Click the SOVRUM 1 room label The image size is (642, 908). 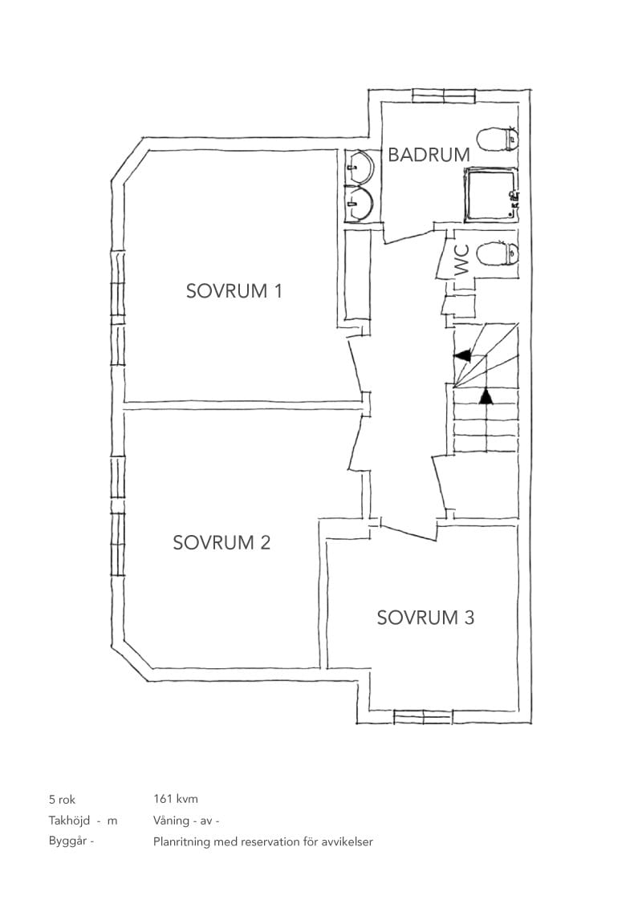click(234, 290)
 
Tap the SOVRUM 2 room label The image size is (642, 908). click(221, 542)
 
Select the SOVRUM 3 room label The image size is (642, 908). click(425, 618)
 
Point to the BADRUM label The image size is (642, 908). click(429, 155)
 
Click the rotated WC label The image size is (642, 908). click(462, 260)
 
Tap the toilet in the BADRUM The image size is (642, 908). click(498, 139)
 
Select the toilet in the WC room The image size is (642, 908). click(498, 253)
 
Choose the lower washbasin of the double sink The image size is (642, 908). click(360, 203)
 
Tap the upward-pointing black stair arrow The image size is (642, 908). click(486, 396)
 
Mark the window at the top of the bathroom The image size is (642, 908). click(444, 95)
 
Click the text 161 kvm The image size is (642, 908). click(176, 799)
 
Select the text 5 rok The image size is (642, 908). click(62, 800)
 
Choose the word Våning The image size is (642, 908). click(172, 821)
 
